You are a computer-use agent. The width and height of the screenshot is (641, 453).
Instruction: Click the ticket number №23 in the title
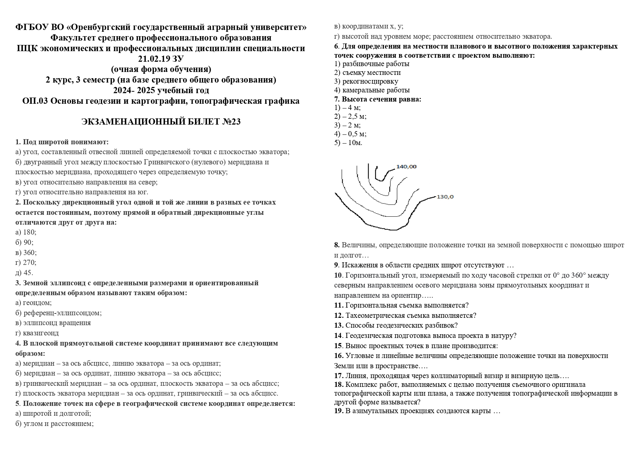coord(231,122)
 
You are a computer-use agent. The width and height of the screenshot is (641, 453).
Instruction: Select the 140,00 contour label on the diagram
coord(406,167)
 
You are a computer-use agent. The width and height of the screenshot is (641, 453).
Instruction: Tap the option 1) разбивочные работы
coord(372,64)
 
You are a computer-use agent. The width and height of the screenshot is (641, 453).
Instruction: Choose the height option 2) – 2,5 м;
coord(350,117)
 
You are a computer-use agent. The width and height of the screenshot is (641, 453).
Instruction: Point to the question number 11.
coord(339,305)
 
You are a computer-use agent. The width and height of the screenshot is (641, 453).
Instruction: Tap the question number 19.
coord(339,411)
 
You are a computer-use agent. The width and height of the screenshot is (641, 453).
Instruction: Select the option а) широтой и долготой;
coord(53,414)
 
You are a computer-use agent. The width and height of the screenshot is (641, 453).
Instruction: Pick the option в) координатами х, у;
coord(369,26)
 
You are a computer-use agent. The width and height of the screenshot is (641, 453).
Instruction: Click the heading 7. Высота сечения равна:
coord(378,99)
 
